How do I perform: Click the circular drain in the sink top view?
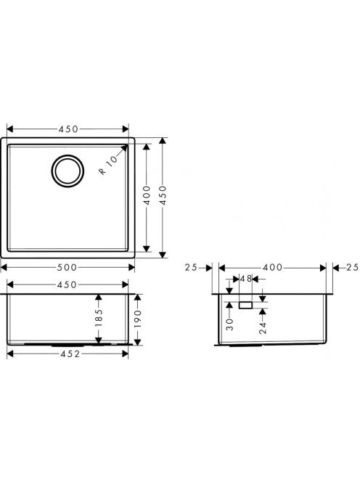[x=67, y=155]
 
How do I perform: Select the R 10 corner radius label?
[x=108, y=165]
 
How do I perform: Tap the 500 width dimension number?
[x=67, y=268]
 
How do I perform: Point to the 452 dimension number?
[x=70, y=354]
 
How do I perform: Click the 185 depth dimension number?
[x=99, y=318]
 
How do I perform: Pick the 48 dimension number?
[x=246, y=279]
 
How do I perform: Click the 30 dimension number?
[x=229, y=324]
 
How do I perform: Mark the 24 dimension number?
[x=263, y=327]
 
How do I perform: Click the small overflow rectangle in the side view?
[x=245, y=305]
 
